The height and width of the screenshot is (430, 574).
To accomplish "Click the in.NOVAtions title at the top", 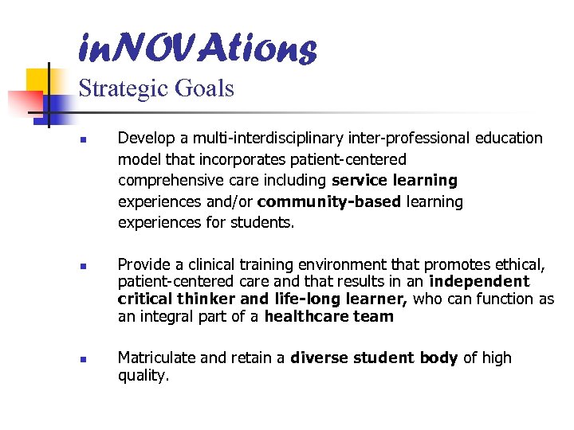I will [x=197, y=49].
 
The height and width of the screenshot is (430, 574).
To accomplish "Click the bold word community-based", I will [x=329, y=202].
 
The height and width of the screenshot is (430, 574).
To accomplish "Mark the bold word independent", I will [x=479, y=281].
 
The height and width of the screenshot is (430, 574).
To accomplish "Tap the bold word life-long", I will [x=305, y=299].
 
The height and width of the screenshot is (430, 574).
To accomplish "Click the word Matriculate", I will [x=156, y=358].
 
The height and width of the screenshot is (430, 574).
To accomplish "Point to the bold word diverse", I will [x=317, y=358].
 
